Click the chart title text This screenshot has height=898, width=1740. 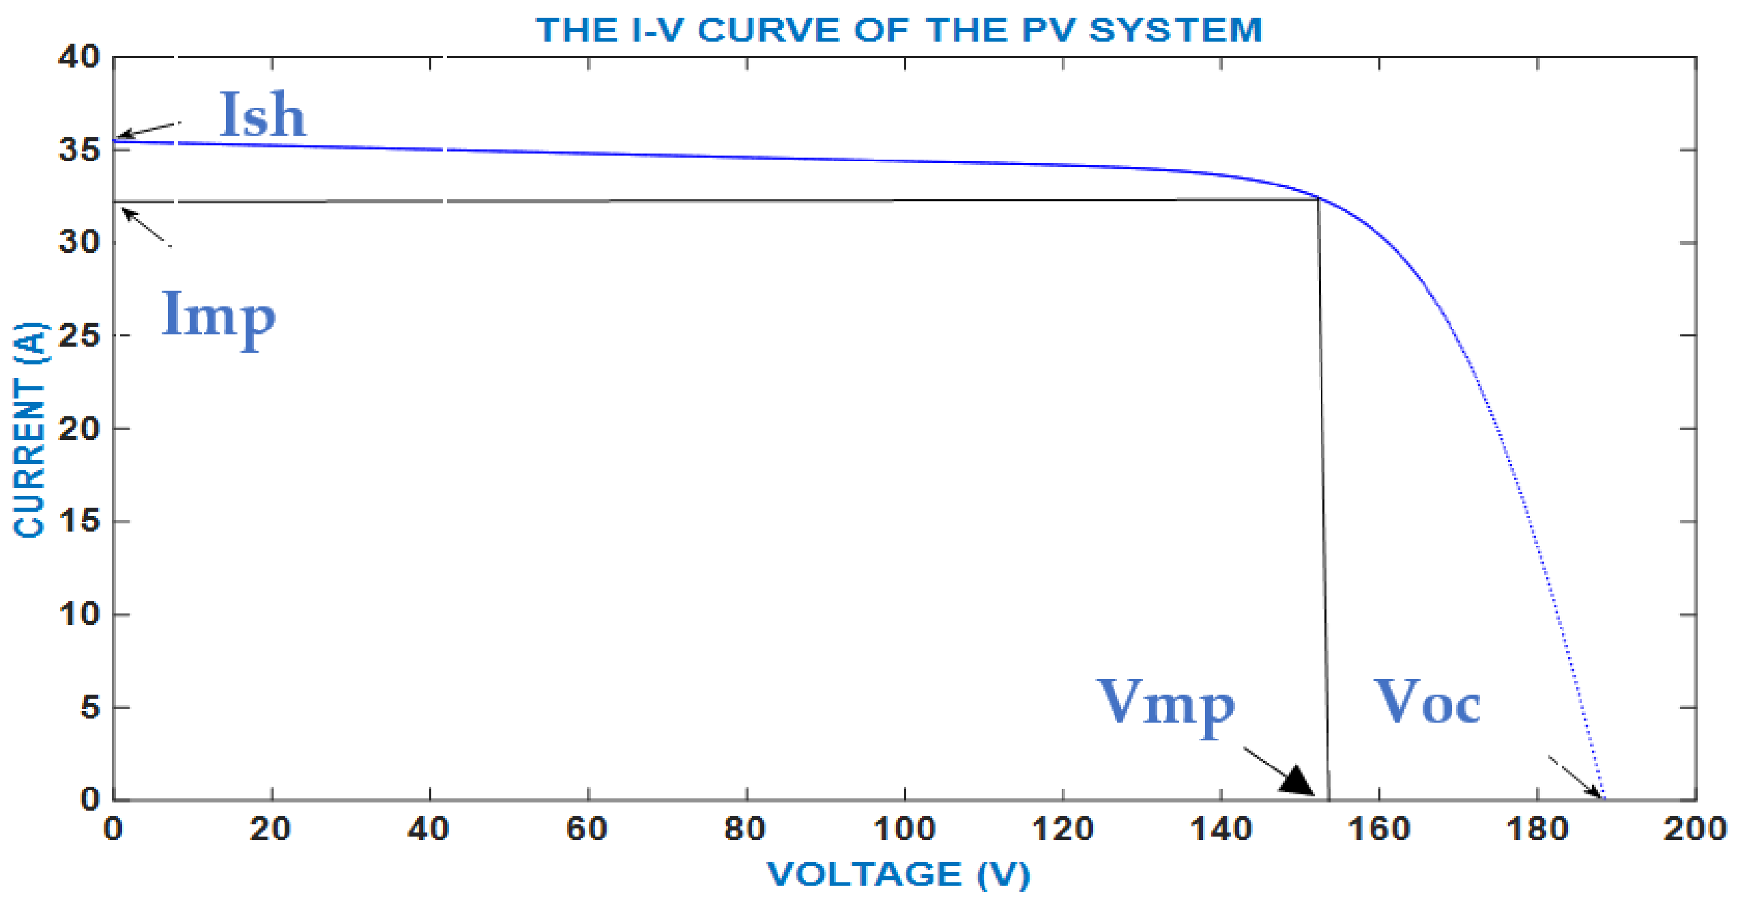point(899,30)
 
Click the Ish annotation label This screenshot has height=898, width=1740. point(262,115)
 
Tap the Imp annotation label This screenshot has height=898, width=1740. point(218,315)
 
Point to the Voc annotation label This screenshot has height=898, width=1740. point(1427,703)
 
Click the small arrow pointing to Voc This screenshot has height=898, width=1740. point(1576,777)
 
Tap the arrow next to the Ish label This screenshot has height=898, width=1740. point(148,129)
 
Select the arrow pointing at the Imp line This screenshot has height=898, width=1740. point(145,227)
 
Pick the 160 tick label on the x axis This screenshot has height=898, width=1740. point(1378,829)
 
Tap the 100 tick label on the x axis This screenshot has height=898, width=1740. point(904,829)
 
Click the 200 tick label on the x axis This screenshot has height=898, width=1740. point(1695,829)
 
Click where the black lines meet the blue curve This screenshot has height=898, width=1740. point(1318,199)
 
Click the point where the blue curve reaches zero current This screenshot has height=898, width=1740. point(1605,798)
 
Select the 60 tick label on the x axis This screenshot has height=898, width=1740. point(588,829)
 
